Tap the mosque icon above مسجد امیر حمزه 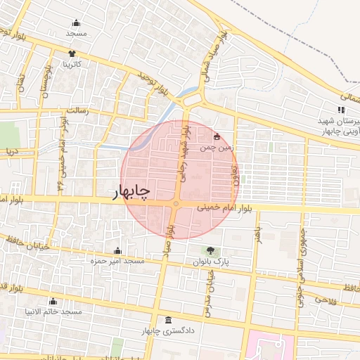[117, 251]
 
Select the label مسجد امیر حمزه [117, 262]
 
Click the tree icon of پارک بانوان [211, 250]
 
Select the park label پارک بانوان [212, 262]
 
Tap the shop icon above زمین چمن [217, 136]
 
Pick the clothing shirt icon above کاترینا [71, 53]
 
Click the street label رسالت [75, 111]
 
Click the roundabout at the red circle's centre [175, 204]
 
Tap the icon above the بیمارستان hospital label [341, 110]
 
